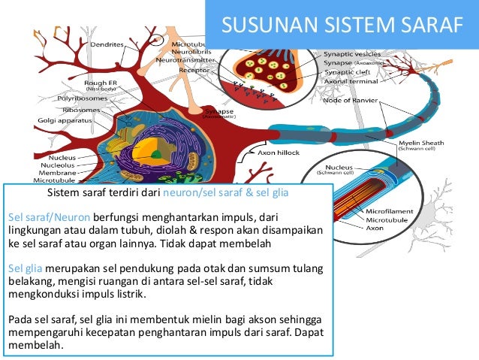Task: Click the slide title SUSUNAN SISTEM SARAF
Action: [342, 26]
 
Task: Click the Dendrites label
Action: [108, 44]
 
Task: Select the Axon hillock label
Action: [279, 152]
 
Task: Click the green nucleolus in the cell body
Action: [156, 155]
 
